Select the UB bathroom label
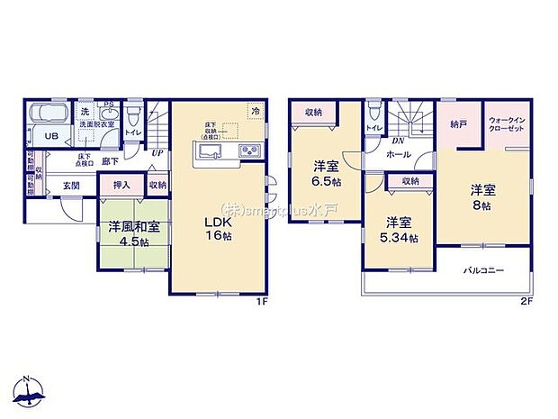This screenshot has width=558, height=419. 51,137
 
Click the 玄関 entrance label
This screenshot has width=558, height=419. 71,186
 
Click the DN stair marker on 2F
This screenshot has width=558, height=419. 397,141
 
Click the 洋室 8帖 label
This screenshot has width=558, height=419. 482,198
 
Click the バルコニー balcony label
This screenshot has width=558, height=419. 484,271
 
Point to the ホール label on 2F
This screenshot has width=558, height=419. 399,155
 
